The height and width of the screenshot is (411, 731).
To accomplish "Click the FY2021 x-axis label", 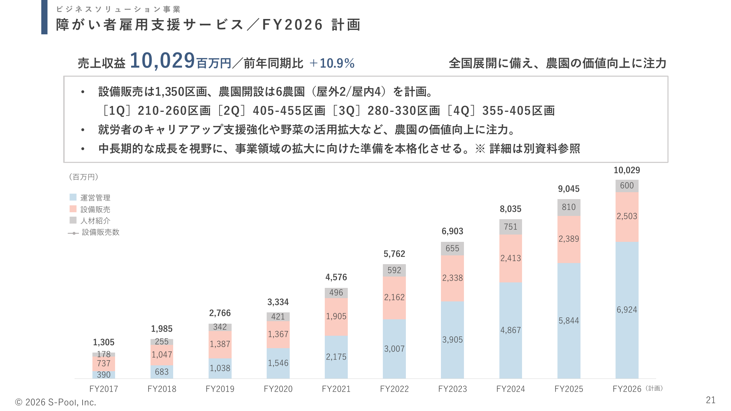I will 336,389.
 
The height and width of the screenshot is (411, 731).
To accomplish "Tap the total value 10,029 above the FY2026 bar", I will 627,170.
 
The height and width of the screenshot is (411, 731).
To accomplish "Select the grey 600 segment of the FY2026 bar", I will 627,186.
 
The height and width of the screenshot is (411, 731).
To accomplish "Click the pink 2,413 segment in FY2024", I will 510,258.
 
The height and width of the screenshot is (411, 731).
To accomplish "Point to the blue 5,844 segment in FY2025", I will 568,320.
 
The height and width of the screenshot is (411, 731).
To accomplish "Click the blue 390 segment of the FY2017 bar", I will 104,374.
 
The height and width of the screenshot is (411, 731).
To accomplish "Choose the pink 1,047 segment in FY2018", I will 162,354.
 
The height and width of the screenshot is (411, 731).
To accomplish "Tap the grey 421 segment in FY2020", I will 278,317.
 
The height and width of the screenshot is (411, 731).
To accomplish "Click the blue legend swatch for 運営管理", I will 73,197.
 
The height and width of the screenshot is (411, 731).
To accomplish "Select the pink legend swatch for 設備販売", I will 73,209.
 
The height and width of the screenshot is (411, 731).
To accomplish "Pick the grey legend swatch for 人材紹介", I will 73,220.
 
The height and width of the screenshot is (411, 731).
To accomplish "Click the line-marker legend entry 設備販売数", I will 73,233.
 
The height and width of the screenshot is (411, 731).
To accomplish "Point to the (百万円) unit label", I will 84,177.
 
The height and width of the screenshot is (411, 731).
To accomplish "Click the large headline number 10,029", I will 162,61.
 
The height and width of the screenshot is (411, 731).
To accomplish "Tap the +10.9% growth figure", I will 332,63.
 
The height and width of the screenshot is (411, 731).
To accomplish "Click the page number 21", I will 711,400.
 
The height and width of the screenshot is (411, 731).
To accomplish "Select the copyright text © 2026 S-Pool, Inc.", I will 56,402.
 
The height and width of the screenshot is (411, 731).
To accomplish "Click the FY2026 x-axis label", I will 627,389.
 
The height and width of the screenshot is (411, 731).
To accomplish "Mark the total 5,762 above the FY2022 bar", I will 394,254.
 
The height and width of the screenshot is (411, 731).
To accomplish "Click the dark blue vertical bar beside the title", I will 44,17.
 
